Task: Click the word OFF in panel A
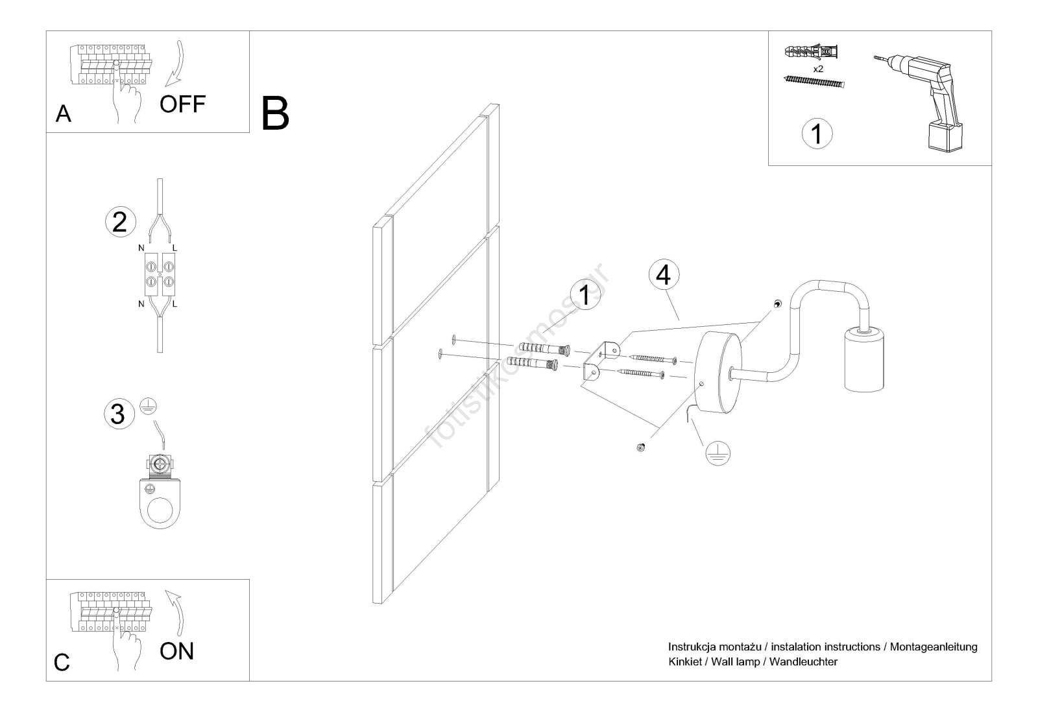(x=182, y=104)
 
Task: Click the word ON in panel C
(x=176, y=650)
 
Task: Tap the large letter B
(x=275, y=113)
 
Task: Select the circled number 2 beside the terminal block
(x=120, y=222)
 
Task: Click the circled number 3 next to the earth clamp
(x=118, y=414)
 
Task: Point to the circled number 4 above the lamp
(x=663, y=275)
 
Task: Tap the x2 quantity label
(x=817, y=68)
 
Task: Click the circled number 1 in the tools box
(x=817, y=134)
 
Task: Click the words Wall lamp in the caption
(x=735, y=662)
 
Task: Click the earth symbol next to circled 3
(x=149, y=407)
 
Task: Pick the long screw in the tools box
(x=815, y=82)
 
